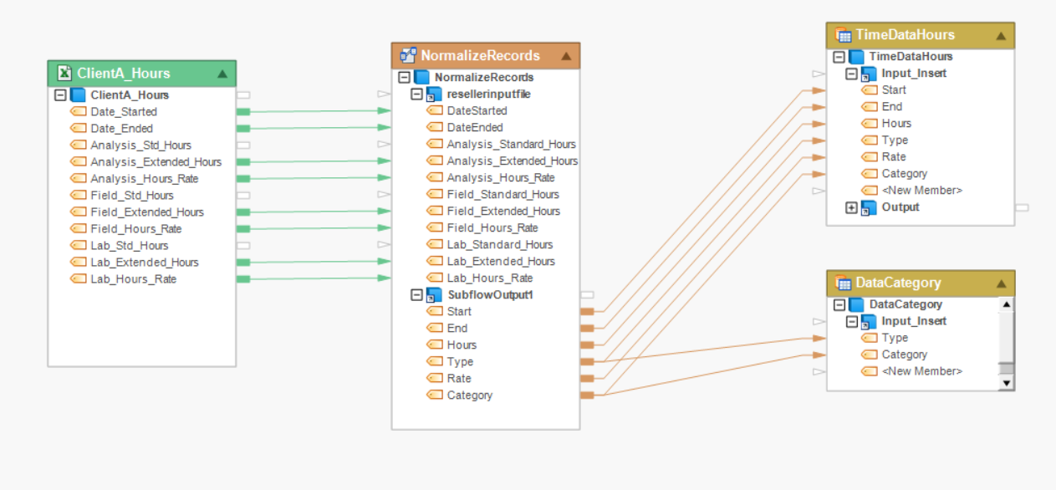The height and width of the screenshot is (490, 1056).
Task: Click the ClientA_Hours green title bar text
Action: click(x=123, y=74)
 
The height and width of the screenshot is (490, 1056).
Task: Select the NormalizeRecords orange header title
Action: click(x=480, y=56)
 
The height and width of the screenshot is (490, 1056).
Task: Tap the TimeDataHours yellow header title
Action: click(x=905, y=35)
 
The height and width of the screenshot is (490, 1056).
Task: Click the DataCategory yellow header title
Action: click(x=898, y=283)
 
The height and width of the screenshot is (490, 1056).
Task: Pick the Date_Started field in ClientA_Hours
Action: click(x=123, y=112)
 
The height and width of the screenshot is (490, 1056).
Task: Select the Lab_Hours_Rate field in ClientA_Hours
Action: click(x=133, y=279)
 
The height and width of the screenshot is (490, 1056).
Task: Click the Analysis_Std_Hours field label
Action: click(x=140, y=145)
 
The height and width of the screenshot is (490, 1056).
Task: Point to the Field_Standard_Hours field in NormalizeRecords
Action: click(x=502, y=195)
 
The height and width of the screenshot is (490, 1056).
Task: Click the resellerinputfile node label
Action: click(x=488, y=94)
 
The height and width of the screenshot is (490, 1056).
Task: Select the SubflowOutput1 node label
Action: click(x=490, y=295)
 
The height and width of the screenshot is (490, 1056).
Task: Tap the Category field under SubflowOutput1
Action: click(x=469, y=396)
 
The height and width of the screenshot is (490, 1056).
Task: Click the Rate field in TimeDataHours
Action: click(x=893, y=157)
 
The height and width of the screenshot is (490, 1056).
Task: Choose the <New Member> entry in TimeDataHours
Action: click(x=921, y=191)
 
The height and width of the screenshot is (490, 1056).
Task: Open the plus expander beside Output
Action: click(x=851, y=207)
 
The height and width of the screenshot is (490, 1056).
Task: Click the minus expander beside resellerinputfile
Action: click(x=416, y=94)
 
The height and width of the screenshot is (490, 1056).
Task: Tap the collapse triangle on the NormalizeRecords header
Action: click(x=566, y=56)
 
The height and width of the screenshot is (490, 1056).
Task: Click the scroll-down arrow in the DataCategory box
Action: click(x=1007, y=383)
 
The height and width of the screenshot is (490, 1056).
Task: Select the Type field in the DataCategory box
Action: click(x=895, y=338)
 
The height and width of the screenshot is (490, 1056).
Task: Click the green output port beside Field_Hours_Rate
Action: click(x=243, y=229)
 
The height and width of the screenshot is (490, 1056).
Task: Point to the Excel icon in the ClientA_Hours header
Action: click(x=64, y=74)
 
